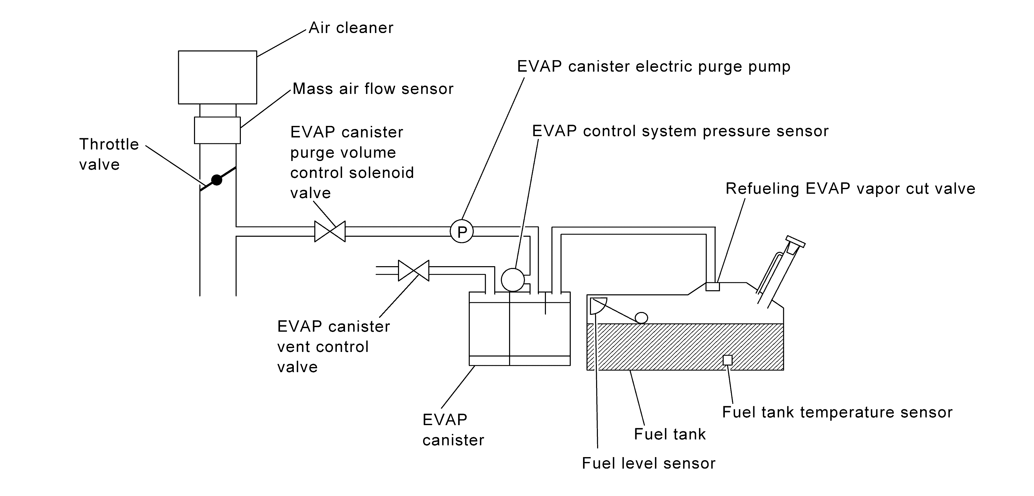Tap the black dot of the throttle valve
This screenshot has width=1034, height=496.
click(x=217, y=180)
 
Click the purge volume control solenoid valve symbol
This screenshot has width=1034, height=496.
click(x=330, y=232)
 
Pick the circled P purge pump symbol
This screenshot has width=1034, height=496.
click(x=462, y=232)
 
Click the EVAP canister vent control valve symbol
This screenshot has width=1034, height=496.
click(x=413, y=271)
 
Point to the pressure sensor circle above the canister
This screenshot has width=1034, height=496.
click(x=513, y=280)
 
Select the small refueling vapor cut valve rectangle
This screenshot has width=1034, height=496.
click(x=713, y=287)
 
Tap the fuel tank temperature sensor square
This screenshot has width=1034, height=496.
click(x=727, y=360)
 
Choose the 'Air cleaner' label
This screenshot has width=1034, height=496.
click(x=351, y=28)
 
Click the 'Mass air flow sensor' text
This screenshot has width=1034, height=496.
click(x=373, y=89)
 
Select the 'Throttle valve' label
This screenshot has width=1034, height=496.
click(x=109, y=154)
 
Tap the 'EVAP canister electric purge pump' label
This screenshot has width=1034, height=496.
click(x=653, y=67)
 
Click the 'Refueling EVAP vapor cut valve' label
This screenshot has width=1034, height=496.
click(x=850, y=189)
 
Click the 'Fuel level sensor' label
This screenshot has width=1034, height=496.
click(x=649, y=463)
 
